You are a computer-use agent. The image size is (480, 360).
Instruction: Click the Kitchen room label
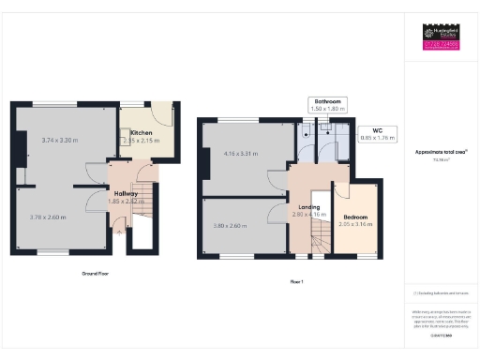click(142, 133)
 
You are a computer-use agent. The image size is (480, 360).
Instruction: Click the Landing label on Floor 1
click(309, 207)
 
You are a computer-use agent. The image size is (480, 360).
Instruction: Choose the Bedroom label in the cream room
click(355, 217)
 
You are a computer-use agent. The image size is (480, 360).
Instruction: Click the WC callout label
click(376, 131)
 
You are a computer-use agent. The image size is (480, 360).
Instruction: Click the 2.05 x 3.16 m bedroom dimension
click(355, 225)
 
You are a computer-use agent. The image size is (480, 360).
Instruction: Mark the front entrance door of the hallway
click(119, 225)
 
